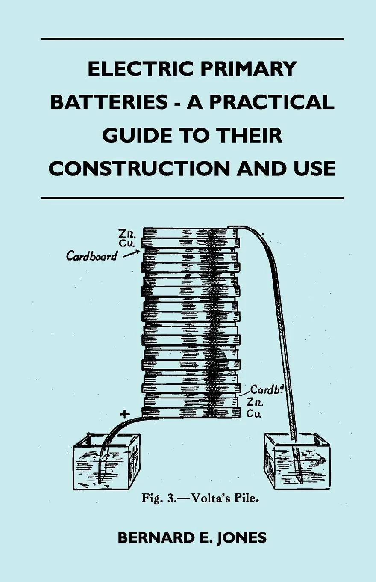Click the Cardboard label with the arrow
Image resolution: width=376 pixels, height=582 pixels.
pyautogui.click(x=92, y=256)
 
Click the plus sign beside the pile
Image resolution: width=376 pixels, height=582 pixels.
pyautogui.click(x=124, y=414)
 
